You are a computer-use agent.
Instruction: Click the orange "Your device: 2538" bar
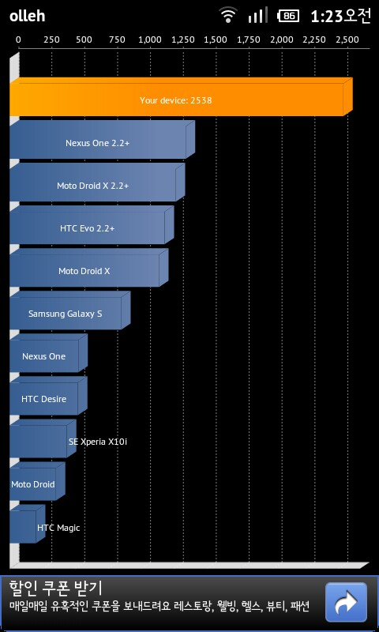tap(181, 96)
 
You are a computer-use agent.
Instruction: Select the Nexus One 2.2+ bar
tap(102, 140)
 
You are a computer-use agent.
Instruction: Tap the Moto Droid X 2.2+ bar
tap(97, 182)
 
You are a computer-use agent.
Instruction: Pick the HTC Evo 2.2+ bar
tap(92, 225)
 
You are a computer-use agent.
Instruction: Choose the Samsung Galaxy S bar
tap(70, 310)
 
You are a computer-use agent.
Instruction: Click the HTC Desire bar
tap(48, 396)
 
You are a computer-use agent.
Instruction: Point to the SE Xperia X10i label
tap(98, 442)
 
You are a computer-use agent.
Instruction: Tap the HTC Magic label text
tap(58, 528)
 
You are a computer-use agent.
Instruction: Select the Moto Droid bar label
tap(32, 484)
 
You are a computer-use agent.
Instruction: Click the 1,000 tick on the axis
tap(150, 40)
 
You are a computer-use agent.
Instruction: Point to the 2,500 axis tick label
tap(347, 40)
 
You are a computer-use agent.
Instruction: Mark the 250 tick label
tap(51, 40)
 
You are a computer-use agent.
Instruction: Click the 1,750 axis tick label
tap(249, 40)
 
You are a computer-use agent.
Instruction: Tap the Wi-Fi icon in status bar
tap(228, 15)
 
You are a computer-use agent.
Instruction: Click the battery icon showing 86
tap(288, 16)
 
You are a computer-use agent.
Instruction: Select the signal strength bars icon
tap(257, 15)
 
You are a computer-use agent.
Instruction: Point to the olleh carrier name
tap(27, 16)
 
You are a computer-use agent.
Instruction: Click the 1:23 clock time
tap(327, 16)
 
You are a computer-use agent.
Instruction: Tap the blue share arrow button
tap(346, 602)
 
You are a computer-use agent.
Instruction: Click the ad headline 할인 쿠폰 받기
tap(55, 588)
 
